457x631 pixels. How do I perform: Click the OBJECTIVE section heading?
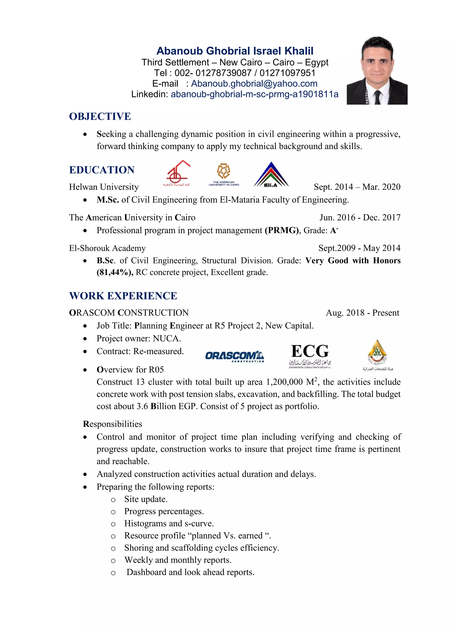[100, 116]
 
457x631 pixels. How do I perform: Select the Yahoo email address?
[254, 83]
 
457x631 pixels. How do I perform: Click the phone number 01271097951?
[287, 73]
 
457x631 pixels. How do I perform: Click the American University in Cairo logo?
[224, 174]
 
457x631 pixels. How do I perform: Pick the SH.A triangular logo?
[271, 175]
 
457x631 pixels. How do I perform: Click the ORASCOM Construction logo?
[235, 356]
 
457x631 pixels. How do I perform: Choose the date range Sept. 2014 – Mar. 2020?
[357, 187]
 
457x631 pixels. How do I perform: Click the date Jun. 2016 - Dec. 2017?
[360, 218]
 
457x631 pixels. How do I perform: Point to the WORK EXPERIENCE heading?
[123, 296]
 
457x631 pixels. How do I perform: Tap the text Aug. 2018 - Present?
[362, 313]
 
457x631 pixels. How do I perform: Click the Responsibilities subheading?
[112, 424]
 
